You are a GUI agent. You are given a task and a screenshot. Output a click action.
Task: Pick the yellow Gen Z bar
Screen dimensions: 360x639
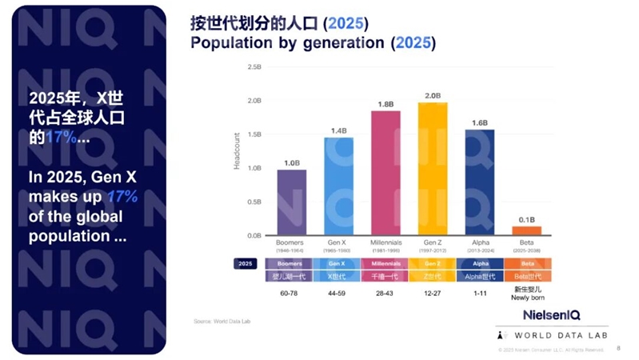433,169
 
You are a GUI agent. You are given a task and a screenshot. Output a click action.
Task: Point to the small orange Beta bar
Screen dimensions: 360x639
526,230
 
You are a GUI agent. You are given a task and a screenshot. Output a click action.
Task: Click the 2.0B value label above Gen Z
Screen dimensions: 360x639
433,96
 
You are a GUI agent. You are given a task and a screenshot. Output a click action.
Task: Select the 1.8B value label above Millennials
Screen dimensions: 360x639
385,105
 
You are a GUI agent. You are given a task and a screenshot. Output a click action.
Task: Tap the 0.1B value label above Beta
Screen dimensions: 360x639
526,220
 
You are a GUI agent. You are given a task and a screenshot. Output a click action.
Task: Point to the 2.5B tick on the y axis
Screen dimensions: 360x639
254,67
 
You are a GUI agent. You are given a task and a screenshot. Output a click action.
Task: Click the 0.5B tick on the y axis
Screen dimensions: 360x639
254,202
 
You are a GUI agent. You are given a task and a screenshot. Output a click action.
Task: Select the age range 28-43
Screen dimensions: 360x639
385,294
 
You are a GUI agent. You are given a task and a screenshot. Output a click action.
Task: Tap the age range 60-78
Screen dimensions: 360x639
291,294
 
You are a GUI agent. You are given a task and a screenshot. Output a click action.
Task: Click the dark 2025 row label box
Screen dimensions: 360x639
246,262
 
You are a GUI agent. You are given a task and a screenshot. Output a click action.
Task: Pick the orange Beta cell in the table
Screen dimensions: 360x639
526,262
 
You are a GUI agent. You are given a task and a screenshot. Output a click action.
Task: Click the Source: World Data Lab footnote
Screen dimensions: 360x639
217,321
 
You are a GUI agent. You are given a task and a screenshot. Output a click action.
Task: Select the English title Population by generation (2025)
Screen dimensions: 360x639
313,43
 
